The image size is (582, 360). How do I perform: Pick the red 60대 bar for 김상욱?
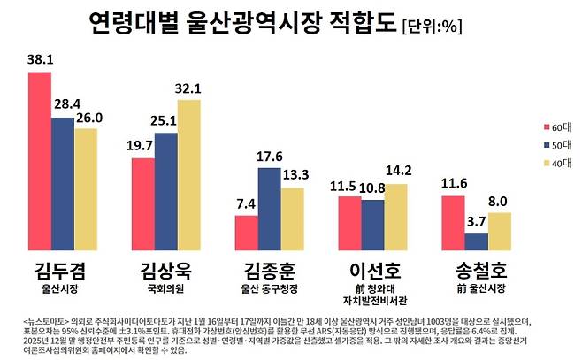pyautogui.click(x=143, y=204)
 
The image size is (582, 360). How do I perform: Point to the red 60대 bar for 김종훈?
pyautogui.click(x=247, y=233)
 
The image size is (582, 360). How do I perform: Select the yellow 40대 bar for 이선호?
pyautogui.click(x=395, y=217)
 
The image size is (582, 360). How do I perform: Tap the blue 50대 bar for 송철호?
pyautogui.click(x=476, y=241)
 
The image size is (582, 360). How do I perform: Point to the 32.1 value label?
pyautogui.click(x=189, y=88)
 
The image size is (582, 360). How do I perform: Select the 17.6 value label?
pyautogui.click(x=269, y=157)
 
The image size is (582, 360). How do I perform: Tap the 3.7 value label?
pyautogui.click(x=477, y=221)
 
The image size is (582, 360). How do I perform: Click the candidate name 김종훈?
pyautogui.click(x=269, y=270)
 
